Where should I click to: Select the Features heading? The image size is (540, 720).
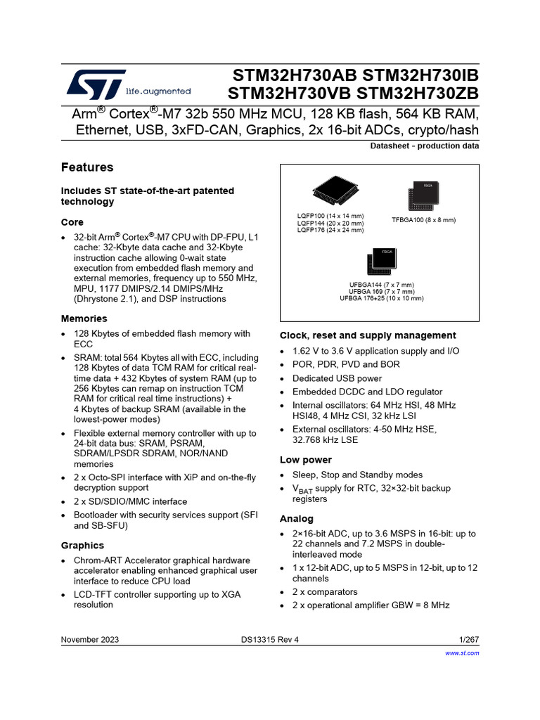click(x=87, y=168)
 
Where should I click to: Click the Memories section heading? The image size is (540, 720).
click(x=84, y=319)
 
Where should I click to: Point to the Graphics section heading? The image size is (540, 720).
click(x=82, y=546)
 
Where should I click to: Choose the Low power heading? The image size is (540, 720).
click(x=306, y=460)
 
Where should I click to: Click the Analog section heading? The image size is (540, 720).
click(x=297, y=519)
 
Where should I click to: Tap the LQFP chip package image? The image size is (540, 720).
click(x=335, y=191)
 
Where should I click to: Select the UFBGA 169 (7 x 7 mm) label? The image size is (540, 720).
click(x=382, y=292)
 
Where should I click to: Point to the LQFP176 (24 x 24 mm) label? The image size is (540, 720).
click(x=330, y=230)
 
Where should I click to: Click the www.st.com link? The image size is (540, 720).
click(x=463, y=653)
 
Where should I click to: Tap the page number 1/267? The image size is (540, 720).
click(x=468, y=639)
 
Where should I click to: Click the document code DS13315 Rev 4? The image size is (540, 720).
click(x=274, y=639)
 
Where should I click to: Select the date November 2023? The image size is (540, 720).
click(x=90, y=639)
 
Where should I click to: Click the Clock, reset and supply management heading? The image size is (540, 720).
click(x=368, y=335)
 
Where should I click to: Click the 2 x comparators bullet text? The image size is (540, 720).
click(x=325, y=592)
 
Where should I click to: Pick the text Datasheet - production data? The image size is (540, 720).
click(x=424, y=146)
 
